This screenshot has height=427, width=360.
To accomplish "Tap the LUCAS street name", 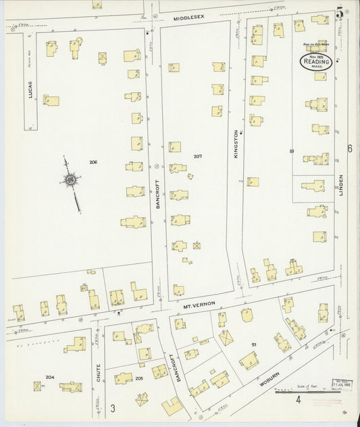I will (x=30, y=91).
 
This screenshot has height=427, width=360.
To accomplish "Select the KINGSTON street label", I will (x=236, y=144).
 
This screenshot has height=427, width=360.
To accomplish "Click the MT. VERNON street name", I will (x=199, y=305).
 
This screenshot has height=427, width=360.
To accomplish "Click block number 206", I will (x=93, y=161).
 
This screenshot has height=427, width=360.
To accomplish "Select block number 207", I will (x=197, y=156).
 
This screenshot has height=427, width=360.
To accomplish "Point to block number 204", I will (x=49, y=377).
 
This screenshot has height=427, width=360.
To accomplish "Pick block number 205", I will (x=140, y=378).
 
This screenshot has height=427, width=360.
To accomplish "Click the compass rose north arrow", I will (x=70, y=180).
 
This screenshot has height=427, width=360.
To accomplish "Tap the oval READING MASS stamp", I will (x=316, y=61).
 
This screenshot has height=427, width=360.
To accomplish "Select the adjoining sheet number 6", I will (x=351, y=149).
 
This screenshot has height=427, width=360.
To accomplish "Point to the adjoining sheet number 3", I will (x=113, y=407).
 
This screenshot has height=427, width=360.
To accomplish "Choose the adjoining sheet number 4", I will (x=298, y=399).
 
